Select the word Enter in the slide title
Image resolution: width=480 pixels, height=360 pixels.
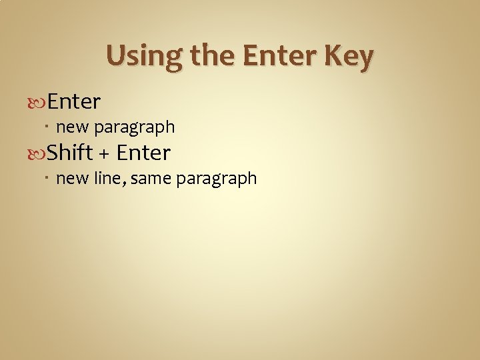pos(279,57)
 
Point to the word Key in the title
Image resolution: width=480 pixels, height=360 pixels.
pos(349,57)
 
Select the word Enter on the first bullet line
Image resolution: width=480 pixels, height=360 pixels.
pos(74,101)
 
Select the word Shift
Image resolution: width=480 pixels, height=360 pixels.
pos(70,153)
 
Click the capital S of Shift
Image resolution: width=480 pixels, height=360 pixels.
pos(55,153)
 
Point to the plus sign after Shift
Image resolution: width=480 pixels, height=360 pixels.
pos(104,154)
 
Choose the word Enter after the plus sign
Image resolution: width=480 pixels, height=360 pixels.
pos(143,153)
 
